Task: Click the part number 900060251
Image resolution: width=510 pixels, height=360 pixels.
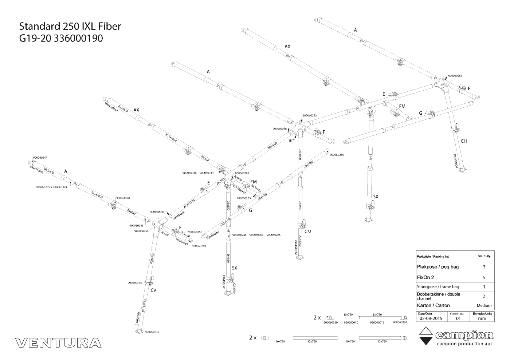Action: click(x=455, y=76)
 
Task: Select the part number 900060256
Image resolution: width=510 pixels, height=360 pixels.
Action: click(x=337, y=155)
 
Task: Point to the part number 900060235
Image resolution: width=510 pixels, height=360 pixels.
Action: click(x=152, y=332)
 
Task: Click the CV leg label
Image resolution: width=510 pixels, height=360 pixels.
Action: click(x=153, y=290)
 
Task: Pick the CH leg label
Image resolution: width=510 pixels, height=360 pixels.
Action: click(x=464, y=141)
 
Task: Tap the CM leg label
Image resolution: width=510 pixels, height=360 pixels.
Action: click(x=308, y=232)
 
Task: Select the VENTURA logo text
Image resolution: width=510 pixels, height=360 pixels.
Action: click(x=58, y=343)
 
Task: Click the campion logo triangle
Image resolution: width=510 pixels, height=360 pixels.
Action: click(x=425, y=336)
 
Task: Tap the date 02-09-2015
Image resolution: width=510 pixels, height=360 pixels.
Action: click(x=431, y=318)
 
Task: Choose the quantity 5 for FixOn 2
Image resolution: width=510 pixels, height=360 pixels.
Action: click(x=484, y=277)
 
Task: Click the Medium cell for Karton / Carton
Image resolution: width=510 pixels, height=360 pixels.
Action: click(x=484, y=305)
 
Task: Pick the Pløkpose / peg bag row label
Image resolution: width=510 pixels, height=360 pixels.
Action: click(x=438, y=267)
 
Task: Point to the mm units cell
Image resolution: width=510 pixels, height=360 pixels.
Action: click(x=482, y=318)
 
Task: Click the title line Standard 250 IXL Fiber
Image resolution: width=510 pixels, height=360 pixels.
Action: click(x=70, y=26)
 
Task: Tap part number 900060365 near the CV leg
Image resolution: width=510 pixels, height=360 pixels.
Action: click(x=135, y=283)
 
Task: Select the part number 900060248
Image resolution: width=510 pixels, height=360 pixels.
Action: click(x=199, y=246)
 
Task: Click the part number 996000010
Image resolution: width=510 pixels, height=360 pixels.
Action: click(x=351, y=322)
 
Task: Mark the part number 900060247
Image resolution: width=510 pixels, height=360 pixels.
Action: click(x=40, y=158)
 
